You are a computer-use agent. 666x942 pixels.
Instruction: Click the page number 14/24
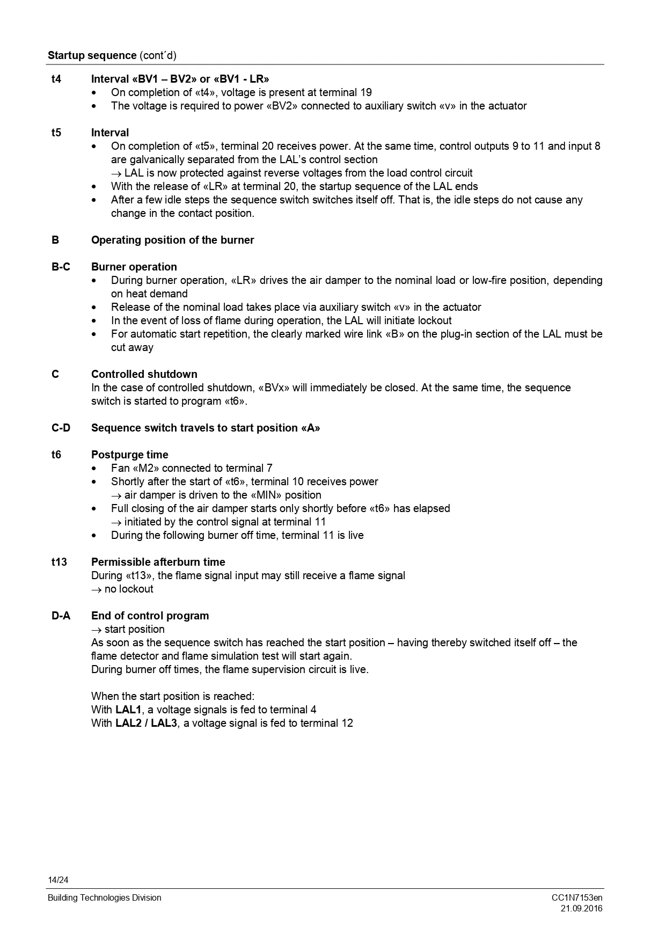(x=58, y=880)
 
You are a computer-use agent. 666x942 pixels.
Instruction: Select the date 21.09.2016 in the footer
(x=581, y=908)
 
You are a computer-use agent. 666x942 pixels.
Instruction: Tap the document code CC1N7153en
(x=577, y=897)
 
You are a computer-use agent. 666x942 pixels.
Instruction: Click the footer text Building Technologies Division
(x=104, y=897)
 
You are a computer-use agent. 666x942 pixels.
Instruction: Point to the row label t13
(x=59, y=562)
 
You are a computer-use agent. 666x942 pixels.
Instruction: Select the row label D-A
(x=61, y=616)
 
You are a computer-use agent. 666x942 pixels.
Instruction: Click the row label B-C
(x=61, y=267)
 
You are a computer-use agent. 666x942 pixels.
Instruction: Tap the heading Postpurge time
(x=129, y=455)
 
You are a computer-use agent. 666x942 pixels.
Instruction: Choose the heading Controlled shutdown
(x=144, y=374)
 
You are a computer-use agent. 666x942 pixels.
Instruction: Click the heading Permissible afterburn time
(x=158, y=562)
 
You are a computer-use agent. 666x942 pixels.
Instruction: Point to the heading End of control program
(x=150, y=616)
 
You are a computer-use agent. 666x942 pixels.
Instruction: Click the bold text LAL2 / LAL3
(x=146, y=723)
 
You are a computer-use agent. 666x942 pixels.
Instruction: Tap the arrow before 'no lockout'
(x=97, y=589)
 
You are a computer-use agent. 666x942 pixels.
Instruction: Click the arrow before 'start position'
(x=97, y=630)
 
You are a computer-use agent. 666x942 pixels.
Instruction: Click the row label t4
(x=56, y=79)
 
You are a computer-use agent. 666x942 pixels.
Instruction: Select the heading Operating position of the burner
(x=172, y=240)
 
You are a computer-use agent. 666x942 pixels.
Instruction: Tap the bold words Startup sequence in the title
(x=92, y=55)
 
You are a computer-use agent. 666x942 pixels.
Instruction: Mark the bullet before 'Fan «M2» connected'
(x=95, y=469)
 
